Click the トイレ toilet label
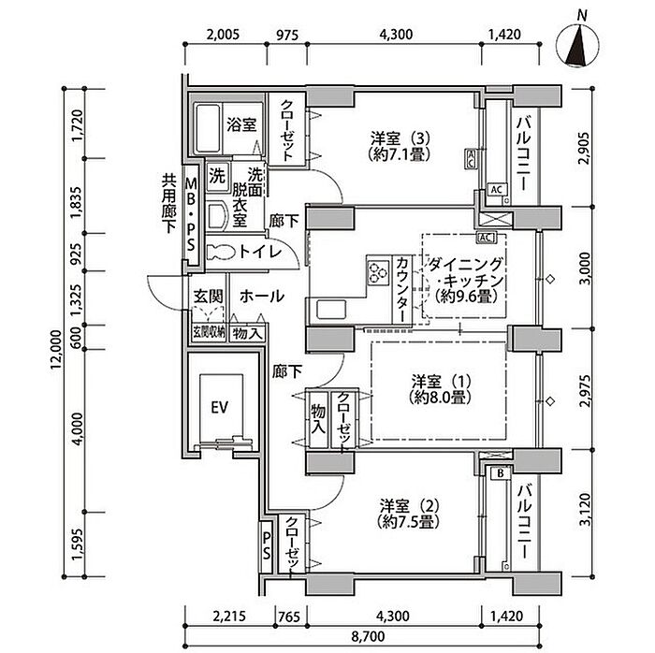(x=256, y=251)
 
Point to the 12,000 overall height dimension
(x=56, y=352)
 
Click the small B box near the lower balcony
(x=500, y=472)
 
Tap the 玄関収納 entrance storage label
(x=207, y=331)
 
